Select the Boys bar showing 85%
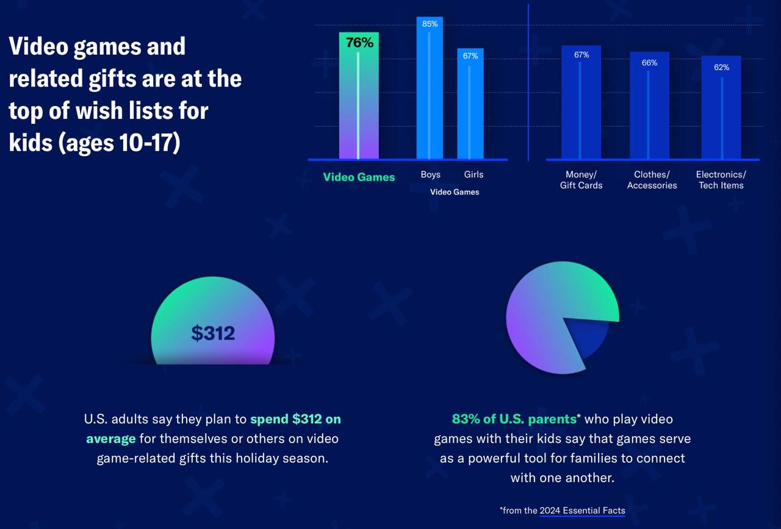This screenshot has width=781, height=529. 430,91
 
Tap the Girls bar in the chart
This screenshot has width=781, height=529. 470,107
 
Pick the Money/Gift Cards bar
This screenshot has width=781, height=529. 581,107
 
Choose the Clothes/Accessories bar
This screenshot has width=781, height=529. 649,110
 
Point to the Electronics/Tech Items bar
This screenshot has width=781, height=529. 721,113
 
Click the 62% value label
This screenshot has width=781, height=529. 721,68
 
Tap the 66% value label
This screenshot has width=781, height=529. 649,63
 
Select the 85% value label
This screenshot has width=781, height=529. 430,24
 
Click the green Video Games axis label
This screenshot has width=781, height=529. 359,177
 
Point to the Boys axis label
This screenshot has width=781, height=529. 430,174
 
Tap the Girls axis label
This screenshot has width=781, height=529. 473,174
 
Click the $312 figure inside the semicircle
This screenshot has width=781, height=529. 213,333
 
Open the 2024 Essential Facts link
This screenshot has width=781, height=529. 582,511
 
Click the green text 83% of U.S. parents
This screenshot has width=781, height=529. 514,419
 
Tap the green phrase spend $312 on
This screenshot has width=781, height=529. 295,419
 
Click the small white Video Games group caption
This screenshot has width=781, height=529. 455,192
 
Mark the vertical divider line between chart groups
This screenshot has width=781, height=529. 528,82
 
